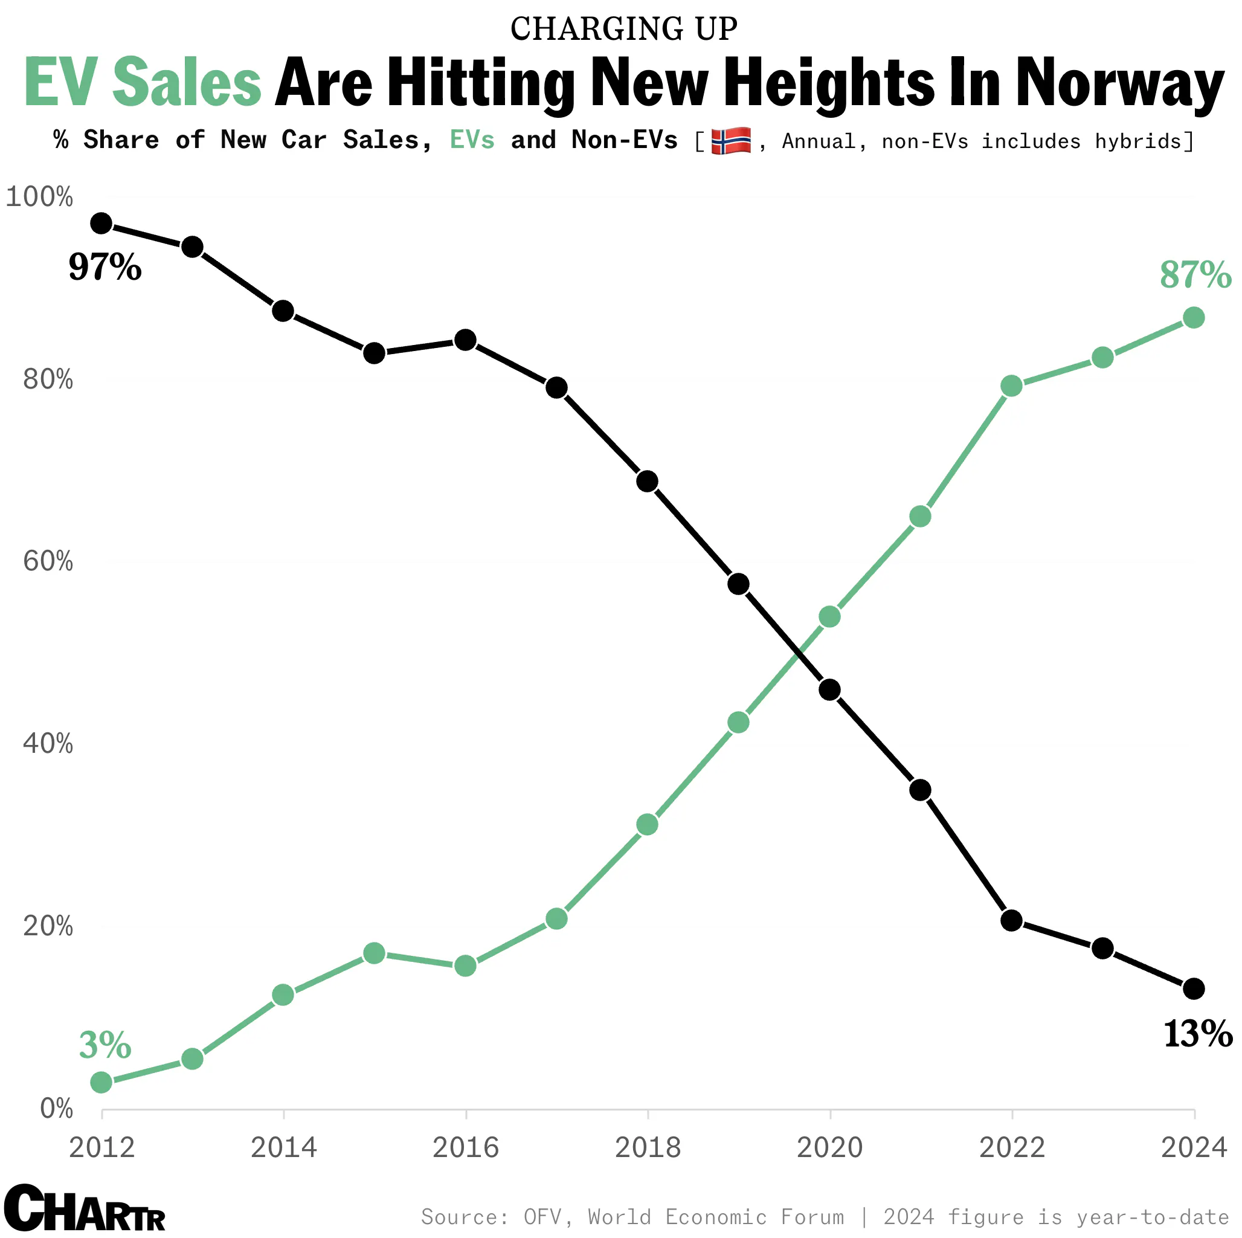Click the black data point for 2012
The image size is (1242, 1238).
click(x=101, y=224)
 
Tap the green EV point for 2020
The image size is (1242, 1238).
click(x=830, y=617)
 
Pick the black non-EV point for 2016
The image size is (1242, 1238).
click(x=465, y=340)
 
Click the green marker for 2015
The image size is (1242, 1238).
click(x=374, y=953)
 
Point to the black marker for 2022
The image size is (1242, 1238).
click(x=1012, y=920)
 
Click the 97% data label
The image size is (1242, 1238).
click(x=105, y=267)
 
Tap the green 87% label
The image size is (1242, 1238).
click(x=1195, y=276)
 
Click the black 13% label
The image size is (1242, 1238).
click(x=1198, y=1034)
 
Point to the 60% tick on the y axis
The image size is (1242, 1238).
click(x=48, y=561)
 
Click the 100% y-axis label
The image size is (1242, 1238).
click(x=39, y=197)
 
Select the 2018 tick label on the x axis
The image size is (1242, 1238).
click(x=648, y=1148)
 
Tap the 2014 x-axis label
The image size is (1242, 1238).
click(x=283, y=1148)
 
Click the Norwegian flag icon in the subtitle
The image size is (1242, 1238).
click(x=731, y=141)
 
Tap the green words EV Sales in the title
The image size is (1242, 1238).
click(x=143, y=83)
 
